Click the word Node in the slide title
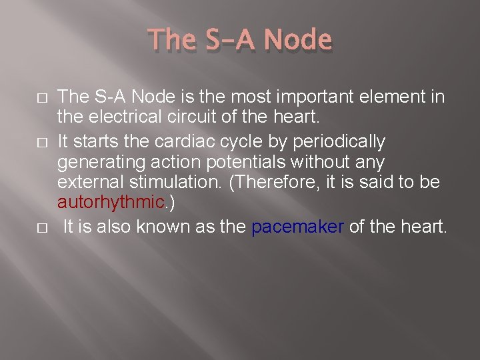pos(297,41)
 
